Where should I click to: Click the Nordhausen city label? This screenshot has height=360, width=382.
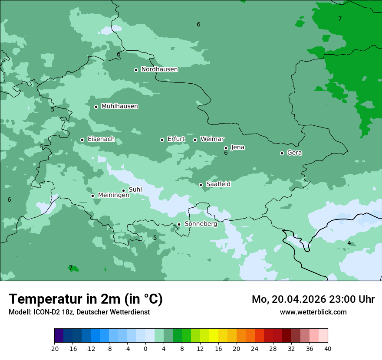159,69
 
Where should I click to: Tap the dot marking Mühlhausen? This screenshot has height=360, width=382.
96,107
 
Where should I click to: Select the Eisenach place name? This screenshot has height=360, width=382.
101,139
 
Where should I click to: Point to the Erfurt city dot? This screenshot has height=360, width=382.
162,140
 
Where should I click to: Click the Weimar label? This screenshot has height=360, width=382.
212,139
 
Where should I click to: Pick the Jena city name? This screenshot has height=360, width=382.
237,147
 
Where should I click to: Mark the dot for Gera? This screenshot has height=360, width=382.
282,153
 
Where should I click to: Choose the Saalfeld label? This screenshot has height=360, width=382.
218,184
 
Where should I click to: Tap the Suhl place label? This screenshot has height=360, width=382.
135,190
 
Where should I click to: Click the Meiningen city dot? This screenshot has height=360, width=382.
93,196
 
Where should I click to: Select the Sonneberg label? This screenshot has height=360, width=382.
201,224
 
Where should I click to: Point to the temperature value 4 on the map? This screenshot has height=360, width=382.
349,243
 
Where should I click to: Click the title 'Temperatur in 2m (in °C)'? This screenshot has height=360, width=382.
86,299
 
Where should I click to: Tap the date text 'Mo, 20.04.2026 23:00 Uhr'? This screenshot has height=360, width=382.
313,299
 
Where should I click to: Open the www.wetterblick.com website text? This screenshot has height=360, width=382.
313,312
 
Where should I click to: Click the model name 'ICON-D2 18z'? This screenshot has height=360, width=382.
51,312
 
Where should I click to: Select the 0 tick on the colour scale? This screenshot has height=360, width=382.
145,348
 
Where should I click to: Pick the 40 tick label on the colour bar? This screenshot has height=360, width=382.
327,348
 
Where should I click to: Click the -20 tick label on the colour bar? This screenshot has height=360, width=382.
54,348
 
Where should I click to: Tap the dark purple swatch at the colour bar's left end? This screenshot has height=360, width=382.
59,336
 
